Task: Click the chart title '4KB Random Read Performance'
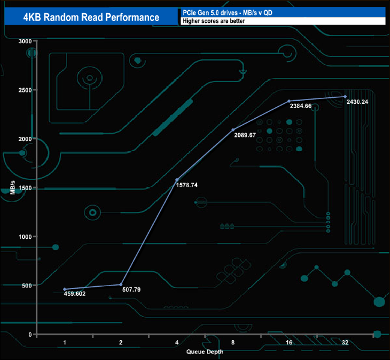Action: [91, 17]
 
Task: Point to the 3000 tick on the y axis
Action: [25, 41]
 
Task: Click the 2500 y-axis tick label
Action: [25, 90]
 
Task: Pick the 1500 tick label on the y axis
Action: [25, 188]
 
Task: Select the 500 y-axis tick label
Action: [26, 286]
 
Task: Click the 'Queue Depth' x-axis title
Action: [204, 352]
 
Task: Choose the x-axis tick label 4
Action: [176, 343]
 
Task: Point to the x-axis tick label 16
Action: [289, 343]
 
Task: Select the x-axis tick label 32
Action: [345, 343]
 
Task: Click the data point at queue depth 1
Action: [65, 289]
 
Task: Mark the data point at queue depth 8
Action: [233, 130]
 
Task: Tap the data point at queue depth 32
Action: [345, 97]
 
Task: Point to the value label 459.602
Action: [74, 294]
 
